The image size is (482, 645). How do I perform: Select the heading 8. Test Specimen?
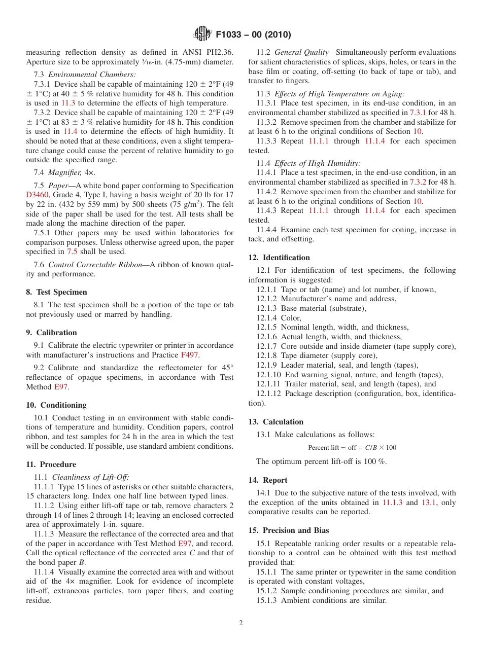coord(56,292)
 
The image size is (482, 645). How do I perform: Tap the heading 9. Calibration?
coord(51,333)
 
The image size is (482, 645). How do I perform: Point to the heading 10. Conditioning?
coord(56,405)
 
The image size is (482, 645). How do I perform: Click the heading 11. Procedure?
coord(51,464)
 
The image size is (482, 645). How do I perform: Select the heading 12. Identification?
coord(279,258)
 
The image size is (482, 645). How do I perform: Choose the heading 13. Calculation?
coord(276,422)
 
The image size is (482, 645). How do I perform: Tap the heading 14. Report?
coord(268,480)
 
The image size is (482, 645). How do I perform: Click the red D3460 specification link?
coord(36,195)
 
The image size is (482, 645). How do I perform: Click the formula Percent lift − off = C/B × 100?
coord(352,448)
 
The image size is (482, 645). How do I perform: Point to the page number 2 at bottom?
coord(241,624)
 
